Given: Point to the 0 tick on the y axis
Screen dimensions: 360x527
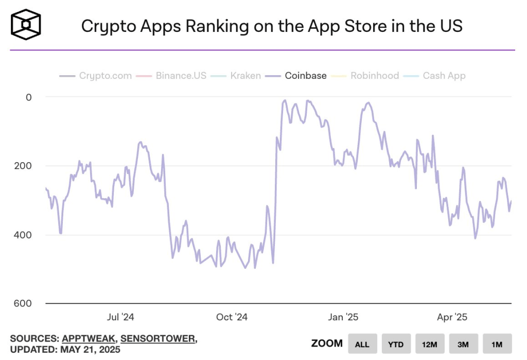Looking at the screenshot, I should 29,97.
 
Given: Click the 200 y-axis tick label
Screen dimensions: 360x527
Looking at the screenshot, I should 24,166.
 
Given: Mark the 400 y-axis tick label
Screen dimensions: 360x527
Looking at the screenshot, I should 24,235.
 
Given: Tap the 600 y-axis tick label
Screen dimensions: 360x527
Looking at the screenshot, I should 24,304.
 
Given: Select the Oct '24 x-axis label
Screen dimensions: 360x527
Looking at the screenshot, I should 232,317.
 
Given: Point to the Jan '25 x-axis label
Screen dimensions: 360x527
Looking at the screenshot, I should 343,317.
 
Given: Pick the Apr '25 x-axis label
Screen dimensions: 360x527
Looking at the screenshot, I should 452,317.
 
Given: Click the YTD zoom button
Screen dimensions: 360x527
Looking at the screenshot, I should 396,344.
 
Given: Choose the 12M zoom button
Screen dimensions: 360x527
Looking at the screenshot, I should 429,344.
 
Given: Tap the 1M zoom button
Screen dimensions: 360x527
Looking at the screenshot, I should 497,344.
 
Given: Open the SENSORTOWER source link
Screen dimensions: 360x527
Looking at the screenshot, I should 157,338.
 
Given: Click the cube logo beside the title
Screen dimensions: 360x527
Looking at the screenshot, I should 26,24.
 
